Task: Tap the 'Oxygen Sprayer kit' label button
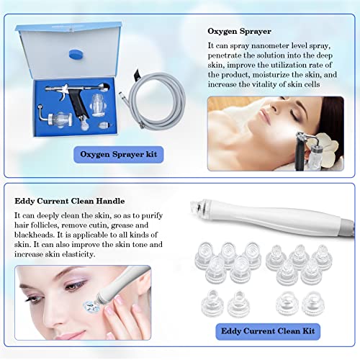point(117,154)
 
